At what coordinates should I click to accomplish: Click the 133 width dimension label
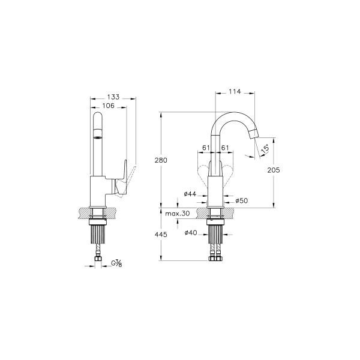coord(113,97)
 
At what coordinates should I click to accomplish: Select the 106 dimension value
coord(108,106)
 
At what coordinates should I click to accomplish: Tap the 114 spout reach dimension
coord(235,92)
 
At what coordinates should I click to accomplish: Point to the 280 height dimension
coord(161,160)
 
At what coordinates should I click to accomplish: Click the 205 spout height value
coord(274,170)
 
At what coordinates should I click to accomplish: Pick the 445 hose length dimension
coord(161,235)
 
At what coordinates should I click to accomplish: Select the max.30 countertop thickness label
coord(178,214)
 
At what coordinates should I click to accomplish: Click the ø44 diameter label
coord(190,194)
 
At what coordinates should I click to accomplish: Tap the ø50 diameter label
coord(242,200)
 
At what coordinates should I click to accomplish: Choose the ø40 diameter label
coord(191,233)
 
